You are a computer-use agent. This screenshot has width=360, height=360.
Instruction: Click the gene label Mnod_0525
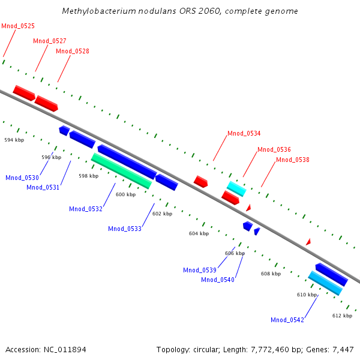click(x=18, y=26)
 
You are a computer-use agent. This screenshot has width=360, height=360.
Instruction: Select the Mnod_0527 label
click(x=50, y=41)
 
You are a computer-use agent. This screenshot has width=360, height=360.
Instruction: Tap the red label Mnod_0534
click(x=244, y=133)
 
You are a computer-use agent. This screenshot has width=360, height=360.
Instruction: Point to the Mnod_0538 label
click(x=293, y=160)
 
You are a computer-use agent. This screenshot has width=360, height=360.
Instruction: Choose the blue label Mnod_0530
click(x=22, y=178)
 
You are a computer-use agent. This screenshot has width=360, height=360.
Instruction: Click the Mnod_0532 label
click(x=86, y=209)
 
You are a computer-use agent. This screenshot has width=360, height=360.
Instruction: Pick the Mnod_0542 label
click(x=287, y=320)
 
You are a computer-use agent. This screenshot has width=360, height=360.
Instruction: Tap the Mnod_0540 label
click(x=218, y=280)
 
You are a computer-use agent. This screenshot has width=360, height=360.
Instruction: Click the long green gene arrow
click(x=121, y=170)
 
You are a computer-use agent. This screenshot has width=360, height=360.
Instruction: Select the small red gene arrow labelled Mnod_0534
click(x=200, y=181)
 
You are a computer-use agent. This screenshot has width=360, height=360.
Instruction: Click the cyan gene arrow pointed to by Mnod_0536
click(x=236, y=188)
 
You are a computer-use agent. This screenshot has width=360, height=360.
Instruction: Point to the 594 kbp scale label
click(x=14, y=140)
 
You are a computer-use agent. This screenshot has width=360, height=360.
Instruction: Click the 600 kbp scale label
click(x=125, y=194)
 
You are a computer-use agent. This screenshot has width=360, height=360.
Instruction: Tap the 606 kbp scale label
click(x=235, y=253)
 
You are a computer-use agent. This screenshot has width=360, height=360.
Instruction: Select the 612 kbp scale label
click(x=342, y=316)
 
